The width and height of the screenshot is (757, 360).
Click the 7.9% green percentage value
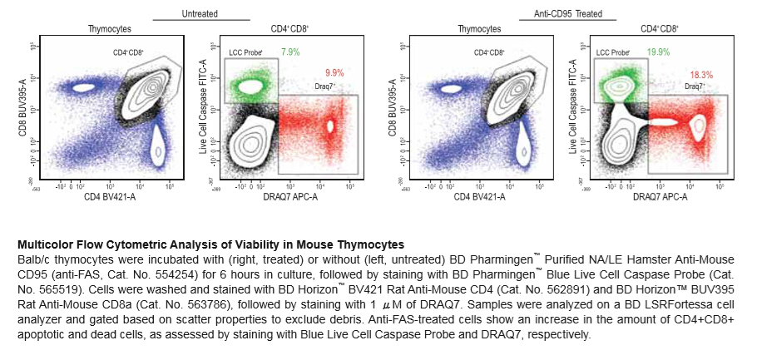[290, 52]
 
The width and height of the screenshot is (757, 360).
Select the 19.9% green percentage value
[659, 52]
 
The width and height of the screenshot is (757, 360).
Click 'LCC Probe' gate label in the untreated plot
[245, 52]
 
